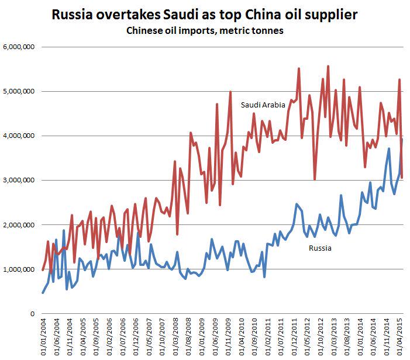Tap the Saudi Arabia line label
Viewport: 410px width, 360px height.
click(x=263, y=105)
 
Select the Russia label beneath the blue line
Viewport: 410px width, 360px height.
click(x=319, y=248)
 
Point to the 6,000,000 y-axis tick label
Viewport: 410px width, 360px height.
click(x=19, y=47)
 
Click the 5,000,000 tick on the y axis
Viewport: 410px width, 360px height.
click(x=19, y=91)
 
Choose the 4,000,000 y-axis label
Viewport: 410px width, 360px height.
click(x=19, y=136)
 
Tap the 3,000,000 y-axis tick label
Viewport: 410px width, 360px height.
click(x=19, y=180)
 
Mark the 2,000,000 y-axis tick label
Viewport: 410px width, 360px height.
click(x=19, y=225)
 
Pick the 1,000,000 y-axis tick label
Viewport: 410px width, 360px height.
click(x=19, y=269)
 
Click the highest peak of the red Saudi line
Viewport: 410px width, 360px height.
click(x=328, y=67)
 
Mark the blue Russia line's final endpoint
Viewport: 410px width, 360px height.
click(x=402, y=139)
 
